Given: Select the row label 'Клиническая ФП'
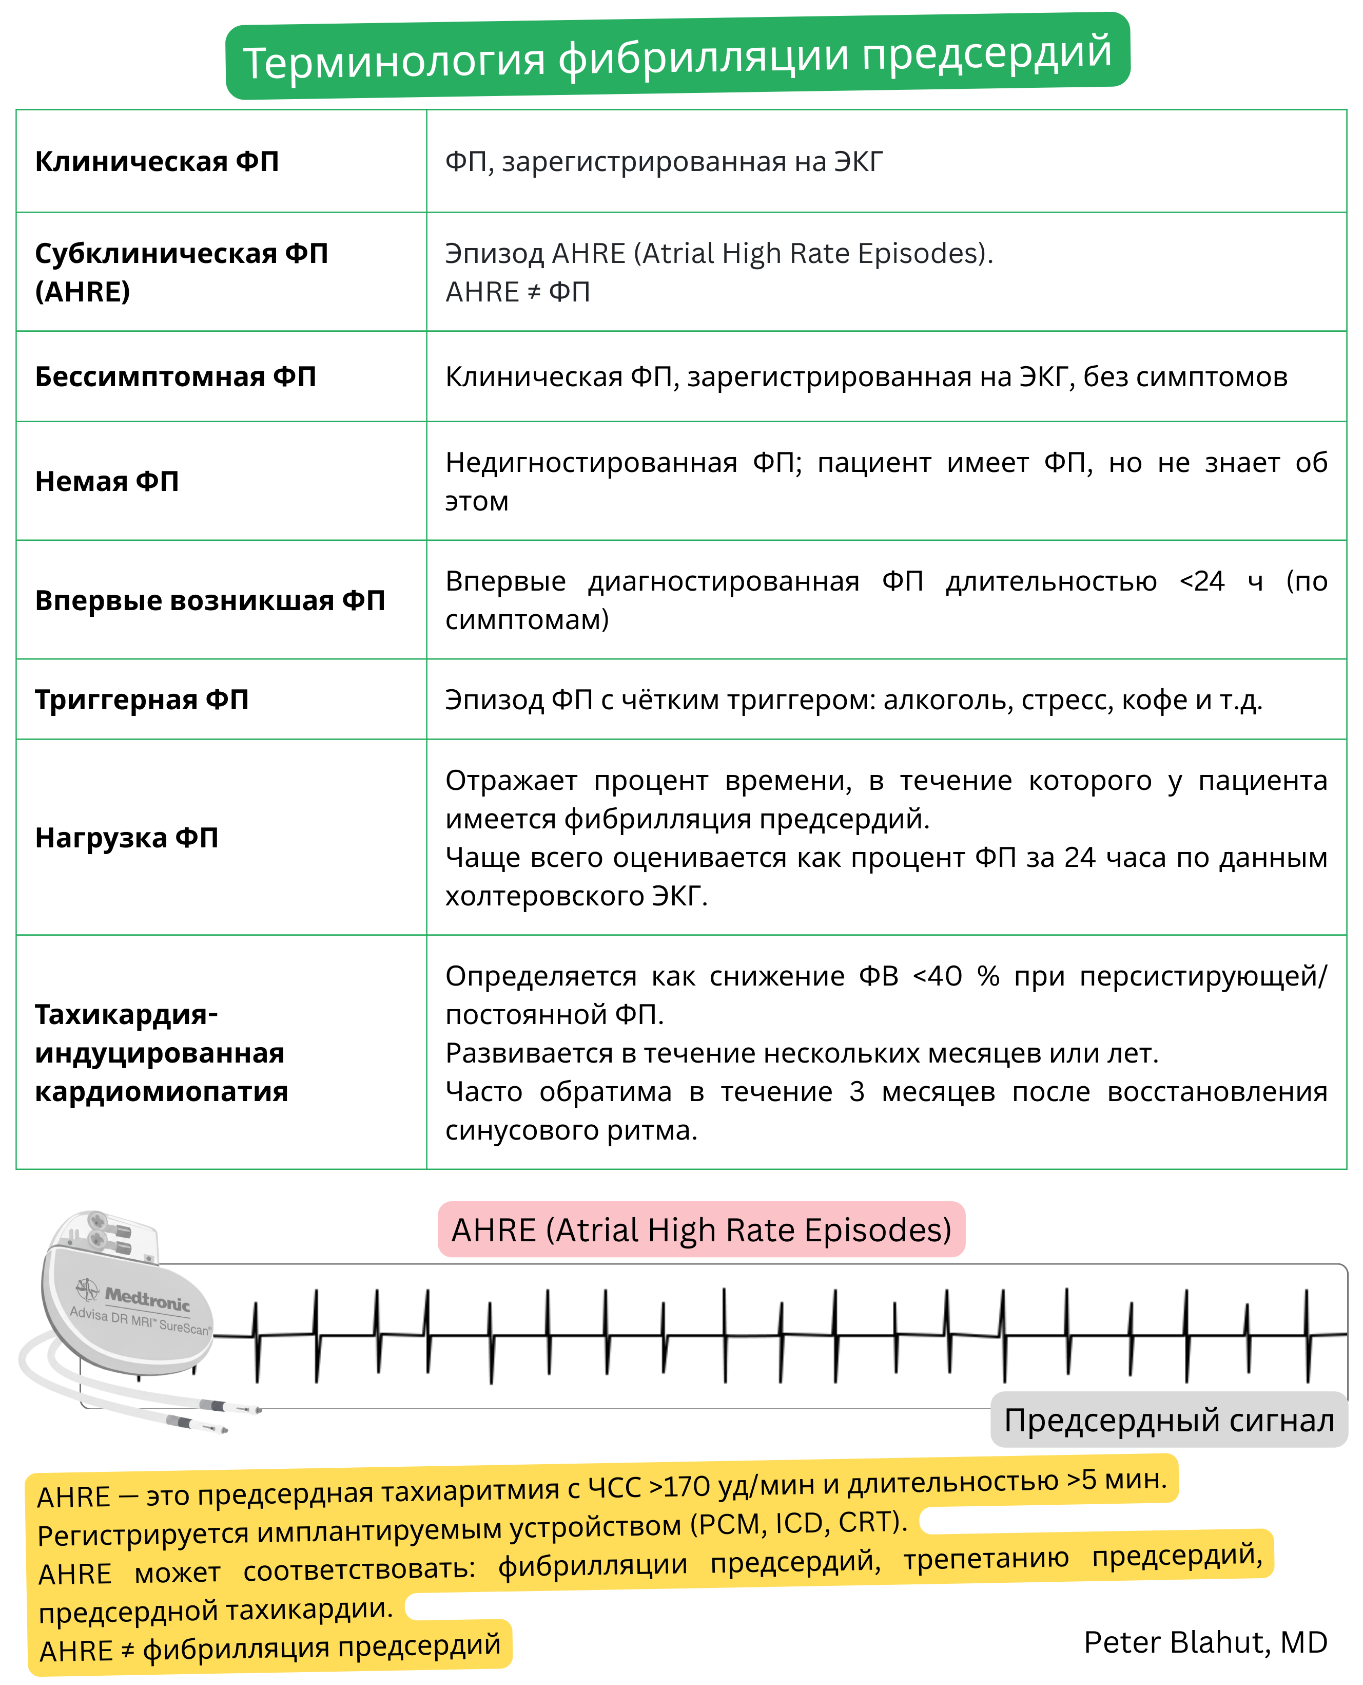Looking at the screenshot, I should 157,162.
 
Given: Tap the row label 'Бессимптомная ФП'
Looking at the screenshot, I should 175,377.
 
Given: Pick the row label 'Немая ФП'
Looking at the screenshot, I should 107,482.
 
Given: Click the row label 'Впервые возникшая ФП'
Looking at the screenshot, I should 209,601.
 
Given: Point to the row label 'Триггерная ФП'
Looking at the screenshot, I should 141,700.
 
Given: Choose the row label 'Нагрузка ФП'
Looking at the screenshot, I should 126,838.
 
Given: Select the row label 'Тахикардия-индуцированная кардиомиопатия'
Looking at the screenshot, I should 161,1053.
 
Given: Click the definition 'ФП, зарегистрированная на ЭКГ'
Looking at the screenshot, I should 664,162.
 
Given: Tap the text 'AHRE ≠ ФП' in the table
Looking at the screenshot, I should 517,292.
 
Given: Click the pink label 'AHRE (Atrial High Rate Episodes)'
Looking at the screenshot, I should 701,1229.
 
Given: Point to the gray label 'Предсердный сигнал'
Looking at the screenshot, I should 1169,1421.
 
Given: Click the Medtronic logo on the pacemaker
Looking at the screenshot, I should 145,1300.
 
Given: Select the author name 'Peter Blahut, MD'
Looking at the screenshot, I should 1205,1642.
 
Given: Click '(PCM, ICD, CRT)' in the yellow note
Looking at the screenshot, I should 797,1523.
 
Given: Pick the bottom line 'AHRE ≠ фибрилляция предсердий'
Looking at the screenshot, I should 270,1648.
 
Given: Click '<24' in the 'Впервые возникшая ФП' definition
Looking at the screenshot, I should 1201,581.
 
